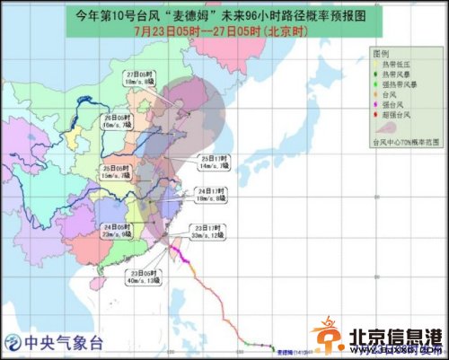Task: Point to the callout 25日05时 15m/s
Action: [118, 171]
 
